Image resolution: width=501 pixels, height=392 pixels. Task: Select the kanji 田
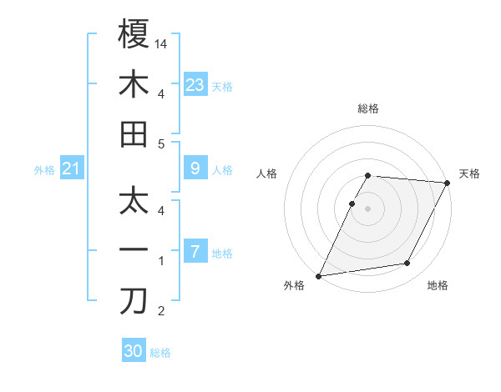[x=134, y=133]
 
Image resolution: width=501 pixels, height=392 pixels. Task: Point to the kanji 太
[x=134, y=200]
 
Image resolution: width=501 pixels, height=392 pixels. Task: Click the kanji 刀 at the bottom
[x=134, y=301]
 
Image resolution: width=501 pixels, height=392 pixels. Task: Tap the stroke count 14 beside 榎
[x=162, y=43]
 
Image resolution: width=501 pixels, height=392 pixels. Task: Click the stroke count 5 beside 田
[x=162, y=143]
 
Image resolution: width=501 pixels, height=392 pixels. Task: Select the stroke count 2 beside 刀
[x=162, y=312]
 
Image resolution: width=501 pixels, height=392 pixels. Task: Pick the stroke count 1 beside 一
[x=162, y=261]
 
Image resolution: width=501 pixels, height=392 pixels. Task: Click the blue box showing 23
[x=195, y=84]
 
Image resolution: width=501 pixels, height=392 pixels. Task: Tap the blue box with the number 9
[x=195, y=168]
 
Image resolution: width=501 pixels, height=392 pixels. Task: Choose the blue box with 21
[x=72, y=169]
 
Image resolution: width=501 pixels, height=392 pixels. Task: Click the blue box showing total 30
[x=134, y=351]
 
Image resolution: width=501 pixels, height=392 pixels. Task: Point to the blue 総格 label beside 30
[x=161, y=353]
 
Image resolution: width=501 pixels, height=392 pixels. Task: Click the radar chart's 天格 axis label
[x=469, y=173]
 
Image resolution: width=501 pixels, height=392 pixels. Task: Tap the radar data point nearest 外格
[x=318, y=275]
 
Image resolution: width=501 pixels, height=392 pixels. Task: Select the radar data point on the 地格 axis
[x=407, y=264]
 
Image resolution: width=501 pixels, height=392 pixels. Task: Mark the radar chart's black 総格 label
[x=367, y=108]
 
